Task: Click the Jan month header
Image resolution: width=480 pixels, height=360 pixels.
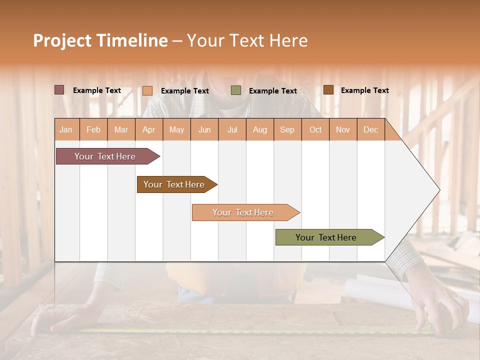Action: click(x=66, y=129)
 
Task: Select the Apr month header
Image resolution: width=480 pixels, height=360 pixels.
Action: click(x=149, y=129)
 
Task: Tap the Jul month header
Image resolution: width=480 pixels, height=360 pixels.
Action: click(x=232, y=129)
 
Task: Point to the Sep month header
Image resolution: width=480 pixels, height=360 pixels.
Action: click(x=287, y=129)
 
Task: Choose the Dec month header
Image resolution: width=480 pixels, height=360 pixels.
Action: click(x=370, y=129)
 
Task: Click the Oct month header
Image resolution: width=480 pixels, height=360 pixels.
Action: click(x=315, y=129)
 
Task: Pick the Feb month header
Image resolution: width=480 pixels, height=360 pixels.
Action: click(x=93, y=129)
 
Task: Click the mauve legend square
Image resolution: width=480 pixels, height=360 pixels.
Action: click(x=59, y=90)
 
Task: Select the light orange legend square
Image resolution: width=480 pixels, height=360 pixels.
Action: click(x=147, y=90)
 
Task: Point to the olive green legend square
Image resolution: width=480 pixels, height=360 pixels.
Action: click(x=236, y=90)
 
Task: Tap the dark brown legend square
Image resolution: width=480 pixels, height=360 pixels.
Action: click(x=328, y=90)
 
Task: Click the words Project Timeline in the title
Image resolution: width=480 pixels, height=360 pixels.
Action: click(x=100, y=40)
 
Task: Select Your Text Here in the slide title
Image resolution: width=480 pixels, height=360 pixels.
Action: click(x=247, y=40)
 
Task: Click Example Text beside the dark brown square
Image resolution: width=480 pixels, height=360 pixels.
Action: click(x=364, y=90)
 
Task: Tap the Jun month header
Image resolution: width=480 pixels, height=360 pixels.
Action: click(x=204, y=129)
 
